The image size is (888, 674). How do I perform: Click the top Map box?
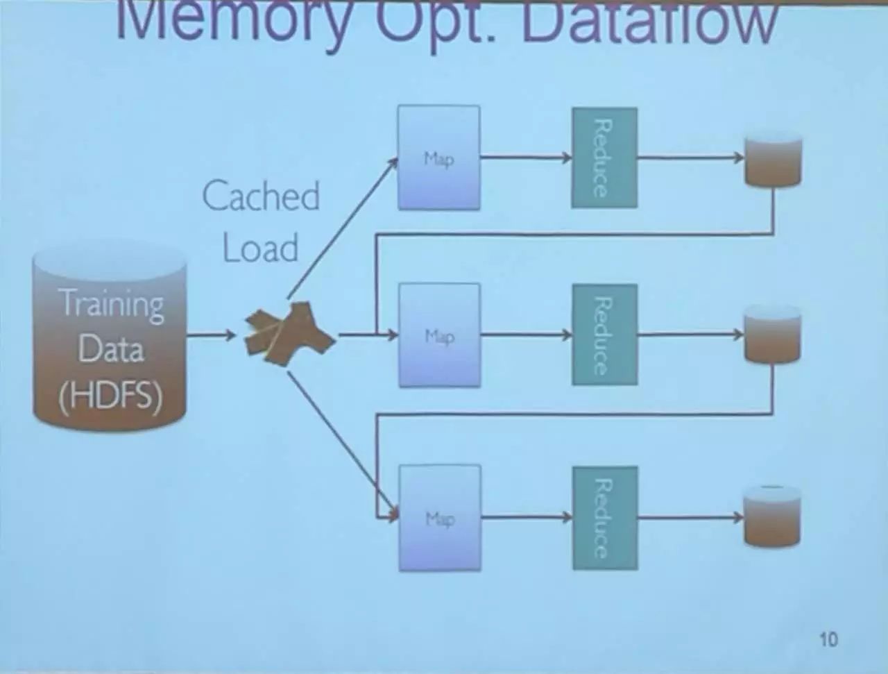pyautogui.click(x=438, y=158)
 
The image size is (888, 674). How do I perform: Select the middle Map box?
pyautogui.click(x=439, y=335)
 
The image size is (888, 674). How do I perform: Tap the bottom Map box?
pyautogui.click(x=440, y=518)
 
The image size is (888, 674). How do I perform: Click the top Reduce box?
pyautogui.click(x=604, y=158)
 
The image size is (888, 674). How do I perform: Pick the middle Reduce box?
pyautogui.click(x=604, y=335)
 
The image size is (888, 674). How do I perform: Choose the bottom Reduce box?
pyautogui.click(x=604, y=518)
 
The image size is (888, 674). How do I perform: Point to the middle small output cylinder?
pyautogui.click(x=772, y=336)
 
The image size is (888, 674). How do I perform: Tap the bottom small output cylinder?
pyautogui.click(x=771, y=517)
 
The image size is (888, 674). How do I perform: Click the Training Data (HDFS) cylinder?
pyautogui.click(x=110, y=340)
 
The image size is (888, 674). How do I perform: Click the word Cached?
pyautogui.click(x=261, y=196)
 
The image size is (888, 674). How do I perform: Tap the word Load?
pyautogui.click(x=260, y=248)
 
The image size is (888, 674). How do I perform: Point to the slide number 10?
pyautogui.click(x=828, y=639)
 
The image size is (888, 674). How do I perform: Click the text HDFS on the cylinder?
pyautogui.click(x=111, y=396)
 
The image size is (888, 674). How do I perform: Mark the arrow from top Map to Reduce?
pyautogui.click(x=525, y=158)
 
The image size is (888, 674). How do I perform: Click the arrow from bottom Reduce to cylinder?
pyautogui.click(x=690, y=517)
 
